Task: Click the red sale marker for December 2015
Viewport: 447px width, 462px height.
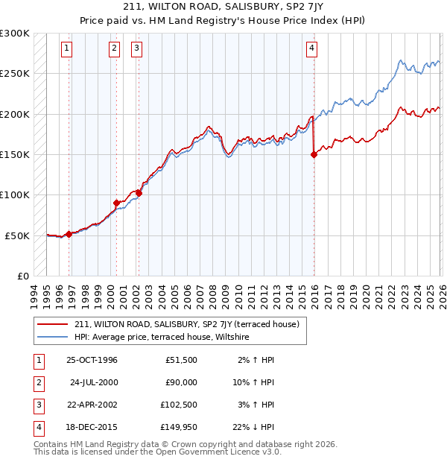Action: (314, 154)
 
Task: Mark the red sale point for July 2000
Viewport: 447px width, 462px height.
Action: (116, 203)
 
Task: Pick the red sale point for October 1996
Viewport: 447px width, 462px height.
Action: (69, 234)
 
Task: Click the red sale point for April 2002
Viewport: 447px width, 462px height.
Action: (139, 192)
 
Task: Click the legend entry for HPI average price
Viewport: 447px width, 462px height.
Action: (162, 338)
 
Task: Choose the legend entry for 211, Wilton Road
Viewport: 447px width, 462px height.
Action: (186, 324)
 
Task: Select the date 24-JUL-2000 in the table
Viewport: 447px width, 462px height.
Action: (93, 382)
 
